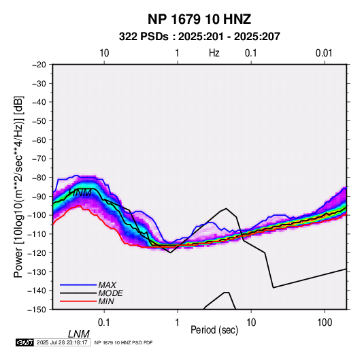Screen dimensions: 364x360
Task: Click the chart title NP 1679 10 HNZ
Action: pos(199,19)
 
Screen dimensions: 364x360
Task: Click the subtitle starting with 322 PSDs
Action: pos(199,37)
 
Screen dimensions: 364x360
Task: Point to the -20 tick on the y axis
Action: pos(39,65)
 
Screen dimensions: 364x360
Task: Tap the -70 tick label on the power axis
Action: pos(39,159)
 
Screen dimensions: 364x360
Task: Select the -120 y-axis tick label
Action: pos(37,252)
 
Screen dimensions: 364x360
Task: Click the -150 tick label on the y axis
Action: pos(37,310)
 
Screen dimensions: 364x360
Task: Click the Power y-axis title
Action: pos(18,187)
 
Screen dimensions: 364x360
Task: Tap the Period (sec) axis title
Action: pos(214,330)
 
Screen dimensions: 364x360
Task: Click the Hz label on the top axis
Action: pos(214,53)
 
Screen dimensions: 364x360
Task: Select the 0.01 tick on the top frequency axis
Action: pos(324,53)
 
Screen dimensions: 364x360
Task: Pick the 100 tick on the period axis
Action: pos(325,323)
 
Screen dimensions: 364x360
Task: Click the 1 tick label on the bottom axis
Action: pos(178,323)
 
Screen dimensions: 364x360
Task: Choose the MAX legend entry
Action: pos(107,284)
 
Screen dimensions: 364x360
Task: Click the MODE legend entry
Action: pos(110,293)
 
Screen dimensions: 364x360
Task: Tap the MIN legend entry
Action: pos(106,301)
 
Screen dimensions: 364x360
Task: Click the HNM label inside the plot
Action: pos(80,193)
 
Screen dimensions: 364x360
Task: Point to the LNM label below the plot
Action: pos(79,334)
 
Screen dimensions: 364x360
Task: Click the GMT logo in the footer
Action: pos(25,342)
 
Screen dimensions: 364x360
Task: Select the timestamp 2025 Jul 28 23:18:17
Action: pos(62,342)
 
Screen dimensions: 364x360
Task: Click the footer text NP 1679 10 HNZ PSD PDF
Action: pos(123,342)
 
